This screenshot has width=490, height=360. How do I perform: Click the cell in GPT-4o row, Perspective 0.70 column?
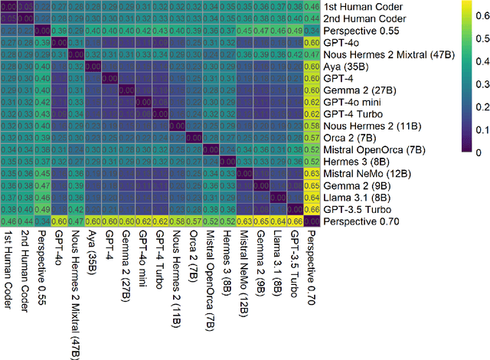[312, 42]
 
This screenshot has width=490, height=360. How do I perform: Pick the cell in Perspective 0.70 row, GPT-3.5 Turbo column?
[295, 221]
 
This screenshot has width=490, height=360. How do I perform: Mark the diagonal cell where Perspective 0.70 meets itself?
[312, 221]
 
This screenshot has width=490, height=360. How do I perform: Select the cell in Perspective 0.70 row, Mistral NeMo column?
[244, 221]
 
